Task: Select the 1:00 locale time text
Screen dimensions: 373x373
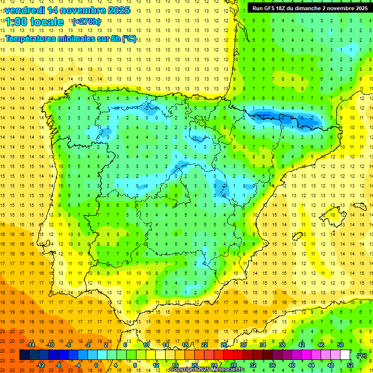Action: tap(34, 22)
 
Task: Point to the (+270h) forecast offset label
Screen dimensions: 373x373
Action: tap(86, 22)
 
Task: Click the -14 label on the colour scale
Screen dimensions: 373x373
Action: tap(31, 345)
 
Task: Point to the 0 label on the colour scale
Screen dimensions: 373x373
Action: tap(96, 365)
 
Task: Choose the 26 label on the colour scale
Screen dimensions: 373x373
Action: tap(224, 345)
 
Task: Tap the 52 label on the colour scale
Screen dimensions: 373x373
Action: tap(350, 365)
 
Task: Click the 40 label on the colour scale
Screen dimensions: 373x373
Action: tap(291, 365)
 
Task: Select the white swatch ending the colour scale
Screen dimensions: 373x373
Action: tap(345, 355)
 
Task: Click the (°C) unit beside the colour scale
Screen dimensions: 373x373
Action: tap(362, 355)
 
